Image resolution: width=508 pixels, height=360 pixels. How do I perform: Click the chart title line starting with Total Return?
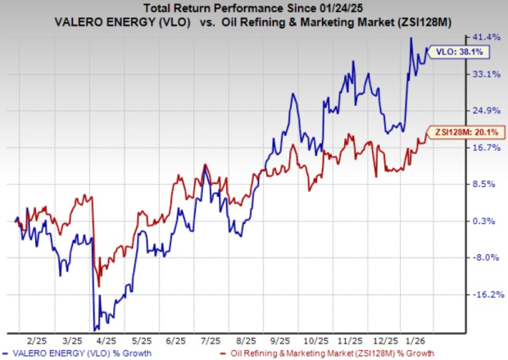pos(254,7)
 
